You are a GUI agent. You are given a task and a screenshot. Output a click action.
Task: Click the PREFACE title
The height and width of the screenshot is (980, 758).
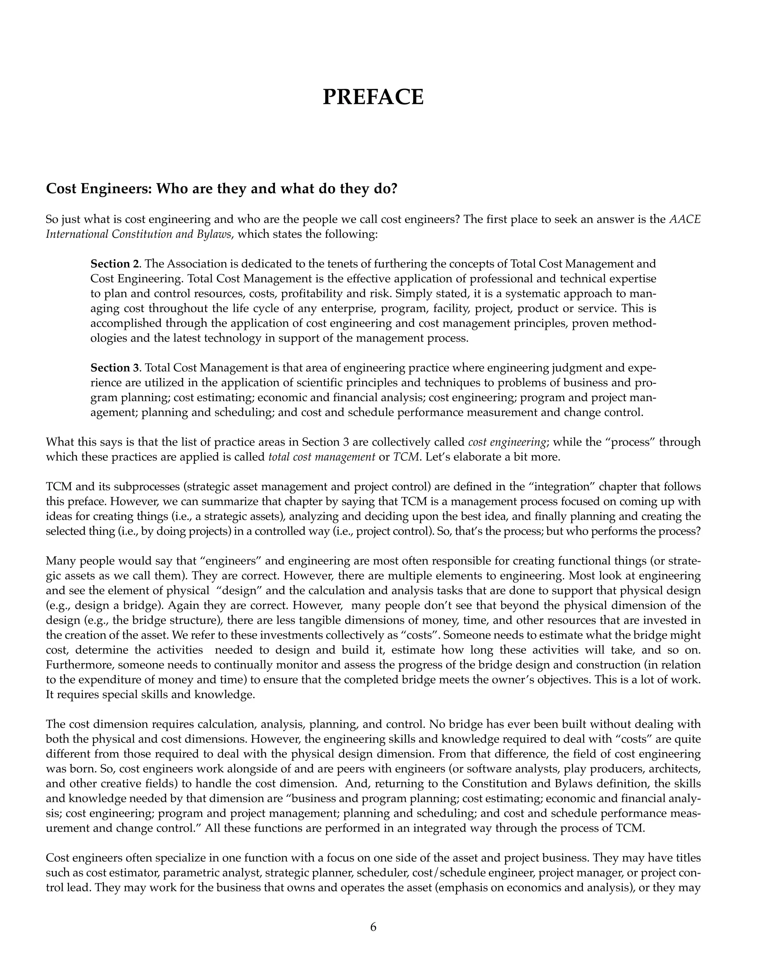pyautogui.click(x=373, y=97)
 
